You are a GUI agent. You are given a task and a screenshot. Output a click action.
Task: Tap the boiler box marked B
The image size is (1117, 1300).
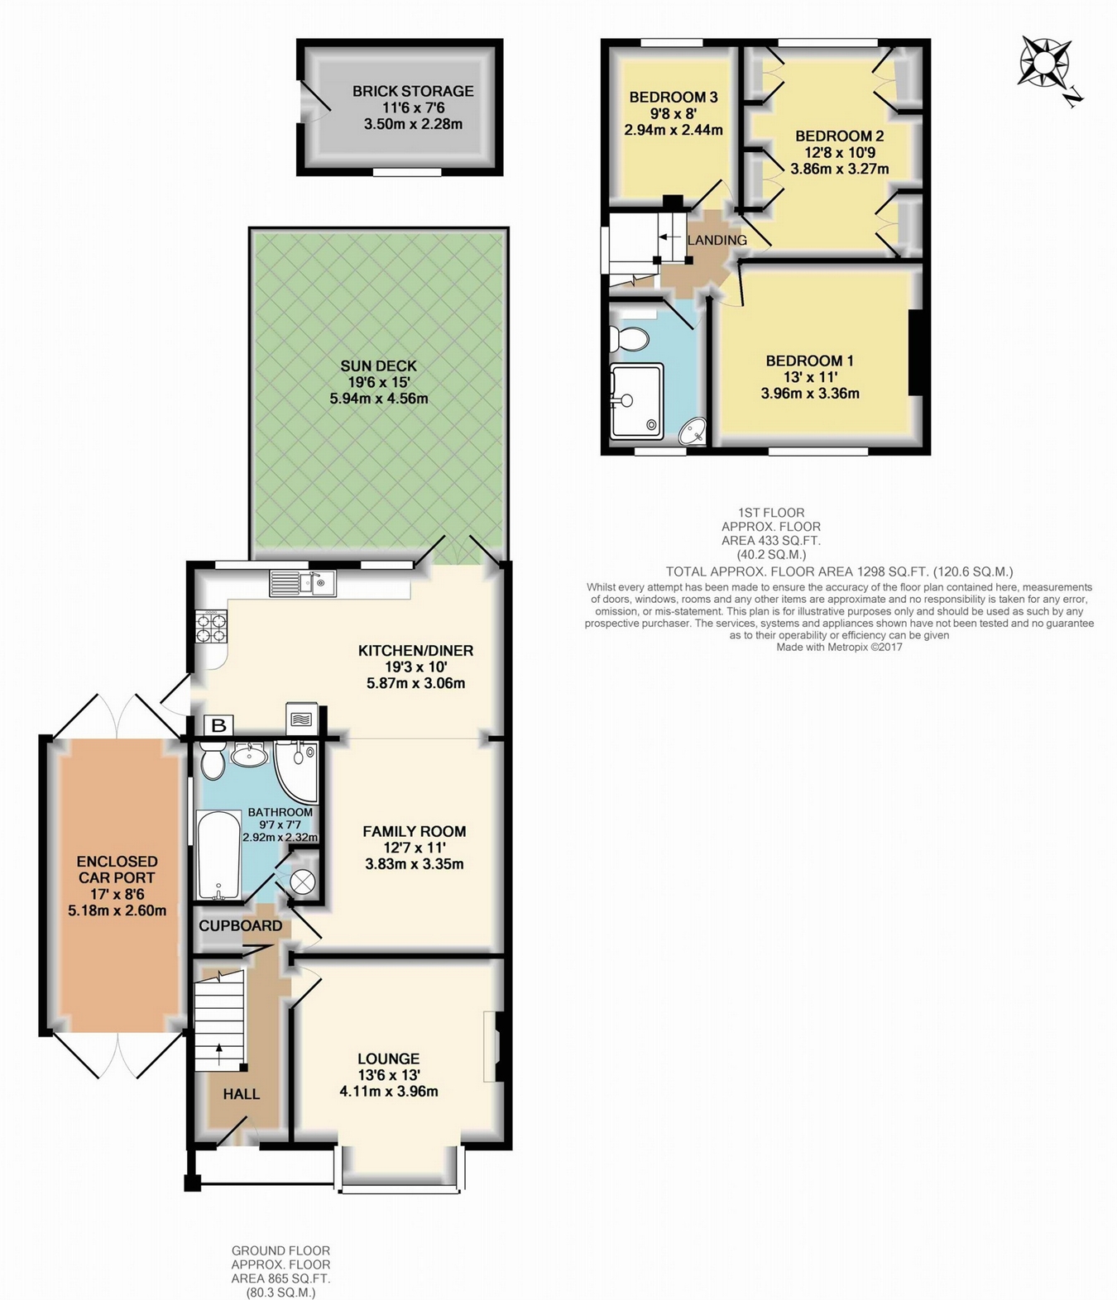(218, 726)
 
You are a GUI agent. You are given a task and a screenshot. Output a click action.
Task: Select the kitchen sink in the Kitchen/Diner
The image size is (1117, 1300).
(303, 583)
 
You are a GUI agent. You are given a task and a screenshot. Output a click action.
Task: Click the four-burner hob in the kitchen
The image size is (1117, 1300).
(212, 627)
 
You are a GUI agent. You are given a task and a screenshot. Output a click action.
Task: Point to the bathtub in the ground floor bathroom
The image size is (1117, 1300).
(219, 855)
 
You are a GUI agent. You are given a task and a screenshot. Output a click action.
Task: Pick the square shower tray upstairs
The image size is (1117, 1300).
(636, 400)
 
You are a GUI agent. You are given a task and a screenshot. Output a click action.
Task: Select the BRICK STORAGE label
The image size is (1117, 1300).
(413, 91)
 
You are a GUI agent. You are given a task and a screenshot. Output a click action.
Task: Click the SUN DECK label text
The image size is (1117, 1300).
(378, 366)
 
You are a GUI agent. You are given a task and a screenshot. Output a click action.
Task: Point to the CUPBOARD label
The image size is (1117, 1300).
(241, 925)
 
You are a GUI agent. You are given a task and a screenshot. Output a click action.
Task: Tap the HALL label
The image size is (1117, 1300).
(242, 1094)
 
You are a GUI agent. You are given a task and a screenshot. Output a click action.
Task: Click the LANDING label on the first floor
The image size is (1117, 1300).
(717, 241)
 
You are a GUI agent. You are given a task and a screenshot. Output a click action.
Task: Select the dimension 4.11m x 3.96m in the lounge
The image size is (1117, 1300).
(389, 1092)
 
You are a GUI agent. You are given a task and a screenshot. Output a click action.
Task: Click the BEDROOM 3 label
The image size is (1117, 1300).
(674, 98)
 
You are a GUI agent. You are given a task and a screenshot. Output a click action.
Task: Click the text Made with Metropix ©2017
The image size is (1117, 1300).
(839, 647)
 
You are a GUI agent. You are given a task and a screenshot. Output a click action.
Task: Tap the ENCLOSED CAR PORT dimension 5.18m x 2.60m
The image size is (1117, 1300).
(117, 910)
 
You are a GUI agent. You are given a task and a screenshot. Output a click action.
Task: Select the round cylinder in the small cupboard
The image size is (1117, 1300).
(301, 882)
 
